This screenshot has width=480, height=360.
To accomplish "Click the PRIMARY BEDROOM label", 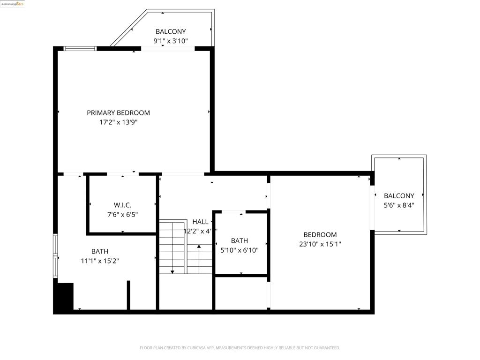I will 118,112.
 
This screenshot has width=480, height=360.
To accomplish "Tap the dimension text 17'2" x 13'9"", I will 118,122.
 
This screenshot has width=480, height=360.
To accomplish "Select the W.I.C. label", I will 122,205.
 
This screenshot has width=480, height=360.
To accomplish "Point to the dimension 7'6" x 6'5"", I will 122,215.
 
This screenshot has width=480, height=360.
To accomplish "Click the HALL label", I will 200,222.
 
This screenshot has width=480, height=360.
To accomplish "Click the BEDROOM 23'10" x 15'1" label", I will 320,235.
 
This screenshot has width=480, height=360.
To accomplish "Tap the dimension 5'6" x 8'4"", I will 399,205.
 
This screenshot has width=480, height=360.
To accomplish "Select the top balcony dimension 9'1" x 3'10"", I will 171,41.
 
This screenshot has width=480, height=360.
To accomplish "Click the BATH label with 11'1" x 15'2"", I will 99,251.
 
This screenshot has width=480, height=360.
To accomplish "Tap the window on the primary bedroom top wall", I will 80,48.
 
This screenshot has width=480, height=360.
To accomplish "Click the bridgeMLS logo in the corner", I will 13,4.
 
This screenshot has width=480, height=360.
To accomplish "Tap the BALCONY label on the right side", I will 399,196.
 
